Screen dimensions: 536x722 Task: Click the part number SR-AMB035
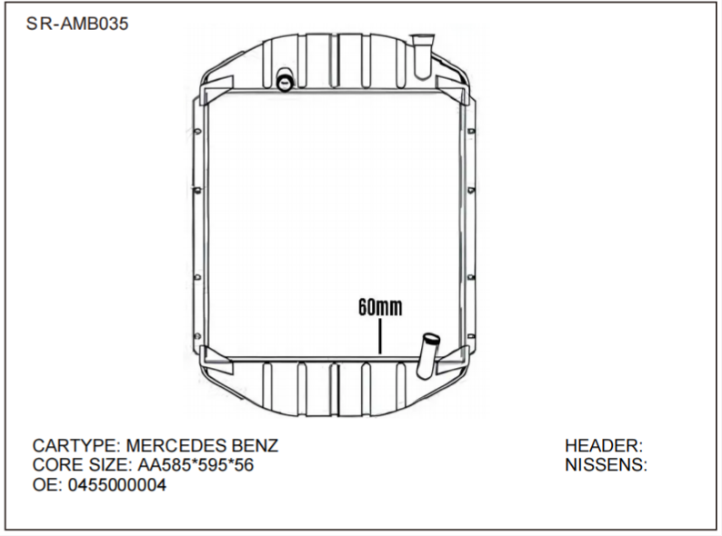point(77,25)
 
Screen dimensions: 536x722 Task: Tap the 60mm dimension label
point(379,308)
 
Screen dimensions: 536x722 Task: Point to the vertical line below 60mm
point(379,337)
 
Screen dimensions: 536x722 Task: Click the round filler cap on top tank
point(285,83)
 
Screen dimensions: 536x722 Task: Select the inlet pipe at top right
point(422,55)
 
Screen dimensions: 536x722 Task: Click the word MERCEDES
point(177,446)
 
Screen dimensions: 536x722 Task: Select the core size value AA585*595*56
point(196,465)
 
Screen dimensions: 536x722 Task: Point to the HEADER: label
point(604,446)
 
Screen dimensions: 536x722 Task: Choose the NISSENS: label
point(606,465)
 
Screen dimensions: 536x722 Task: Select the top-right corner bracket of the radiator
point(452,88)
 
